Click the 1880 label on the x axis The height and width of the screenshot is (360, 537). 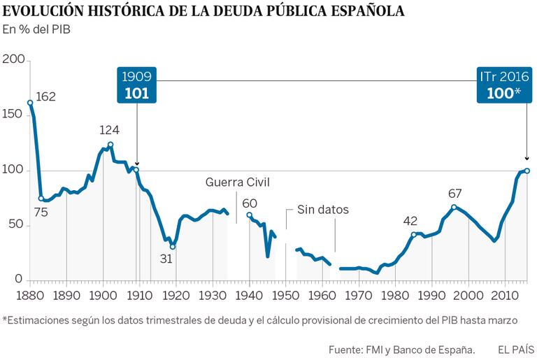tap(30, 294)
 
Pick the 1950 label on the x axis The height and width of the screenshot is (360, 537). tap(285, 294)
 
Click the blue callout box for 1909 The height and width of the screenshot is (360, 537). tap(136, 85)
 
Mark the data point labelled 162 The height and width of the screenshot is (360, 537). tap(30, 103)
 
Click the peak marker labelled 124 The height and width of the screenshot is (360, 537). tap(110, 145)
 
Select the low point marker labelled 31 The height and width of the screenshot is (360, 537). tap(173, 247)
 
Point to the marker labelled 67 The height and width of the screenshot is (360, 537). tap(454, 207)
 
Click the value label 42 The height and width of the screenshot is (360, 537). tap(410, 221)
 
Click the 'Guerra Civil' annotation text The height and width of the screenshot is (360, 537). tap(237, 183)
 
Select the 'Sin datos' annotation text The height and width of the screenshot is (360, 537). tap(322, 209)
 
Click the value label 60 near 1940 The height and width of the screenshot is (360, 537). tap(250, 203)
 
